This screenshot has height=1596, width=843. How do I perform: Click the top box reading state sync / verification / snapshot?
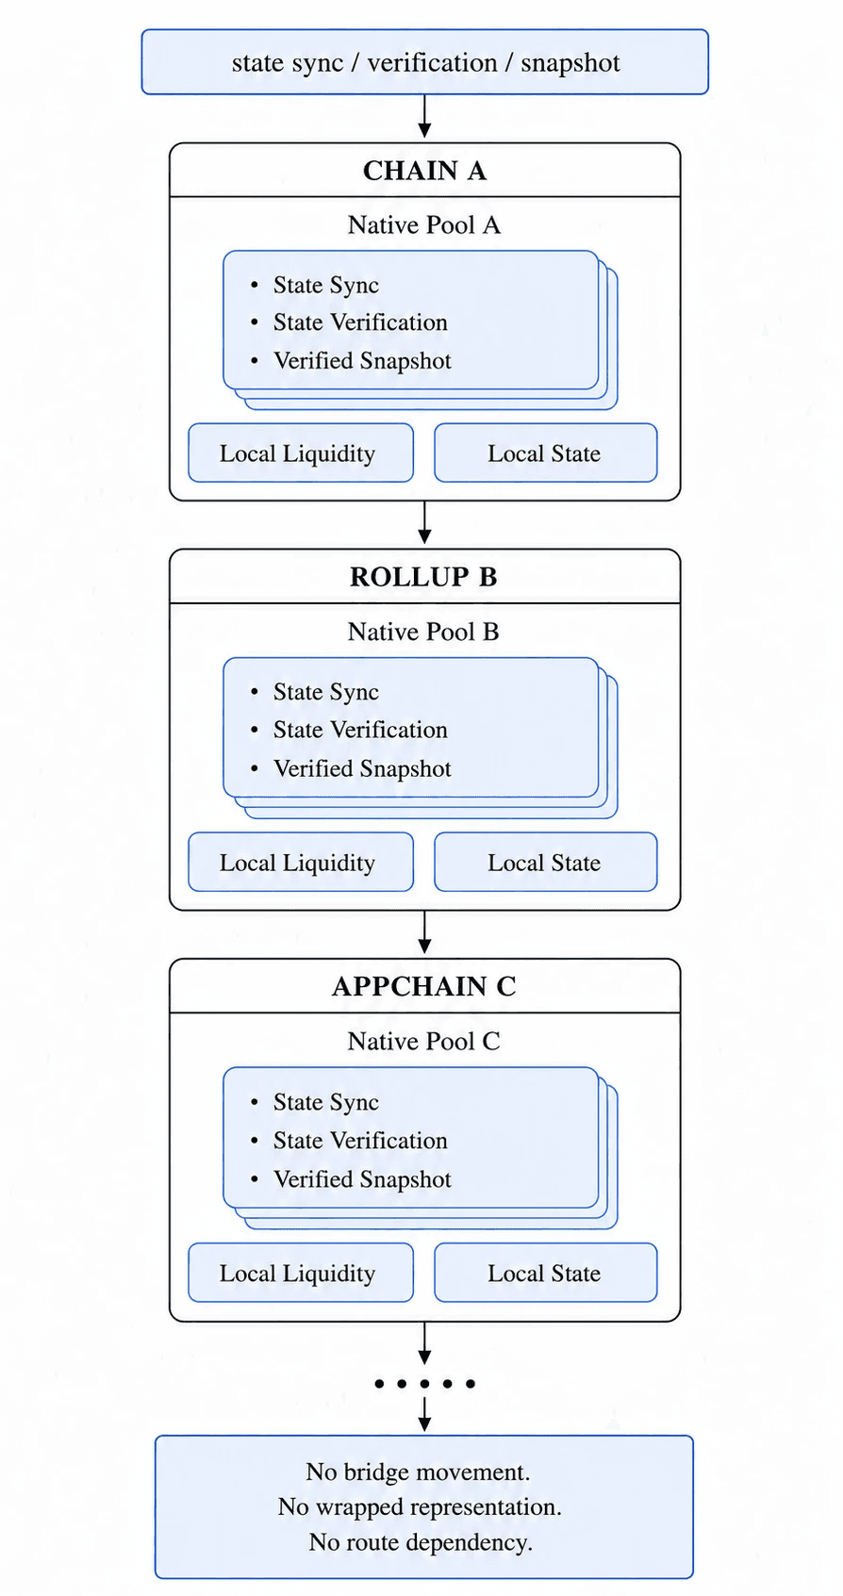coord(424,62)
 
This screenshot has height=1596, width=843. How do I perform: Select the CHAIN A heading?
coord(424,171)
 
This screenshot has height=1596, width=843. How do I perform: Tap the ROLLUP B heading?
coord(424,577)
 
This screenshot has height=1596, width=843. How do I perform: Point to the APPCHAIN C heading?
coord(424,986)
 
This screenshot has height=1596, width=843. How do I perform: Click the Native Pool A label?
coord(424,225)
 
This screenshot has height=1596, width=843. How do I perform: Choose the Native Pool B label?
coord(424,632)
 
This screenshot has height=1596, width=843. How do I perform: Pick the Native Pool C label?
coord(424,1042)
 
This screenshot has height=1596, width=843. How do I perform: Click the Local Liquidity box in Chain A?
coord(301,453)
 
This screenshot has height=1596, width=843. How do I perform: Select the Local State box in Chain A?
coord(546,453)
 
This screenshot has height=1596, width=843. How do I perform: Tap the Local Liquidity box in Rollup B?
coord(301,863)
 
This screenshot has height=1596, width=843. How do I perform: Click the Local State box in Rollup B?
coord(546,863)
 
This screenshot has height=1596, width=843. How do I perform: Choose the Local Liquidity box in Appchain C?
coord(301,1273)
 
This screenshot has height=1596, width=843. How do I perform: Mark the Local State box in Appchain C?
coord(546,1273)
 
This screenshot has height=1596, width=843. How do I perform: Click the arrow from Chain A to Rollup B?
coord(424,522)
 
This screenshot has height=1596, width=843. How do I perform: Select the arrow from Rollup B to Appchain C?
coord(424,932)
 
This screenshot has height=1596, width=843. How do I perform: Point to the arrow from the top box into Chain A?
coord(424,116)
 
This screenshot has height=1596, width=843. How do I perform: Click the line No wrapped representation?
coord(420,1507)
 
